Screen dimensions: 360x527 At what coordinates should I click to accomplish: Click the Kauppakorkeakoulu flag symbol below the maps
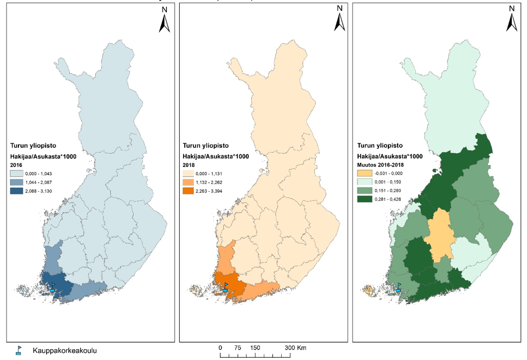18,350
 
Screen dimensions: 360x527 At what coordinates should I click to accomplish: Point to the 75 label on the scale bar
237,348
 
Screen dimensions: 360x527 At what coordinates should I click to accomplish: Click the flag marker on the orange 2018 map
225,287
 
